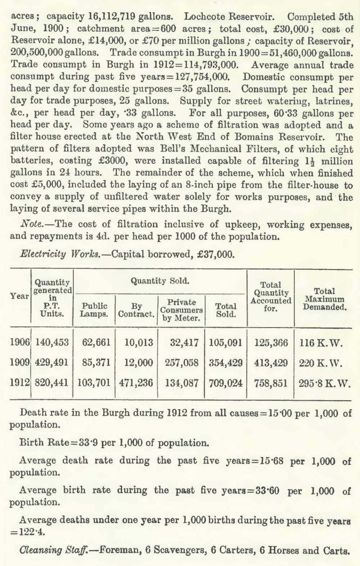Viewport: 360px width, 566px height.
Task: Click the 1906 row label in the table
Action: [x=20, y=342]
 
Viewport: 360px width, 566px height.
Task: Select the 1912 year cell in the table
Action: [x=20, y=383]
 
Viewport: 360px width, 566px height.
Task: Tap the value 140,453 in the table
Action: [x=52, y=342]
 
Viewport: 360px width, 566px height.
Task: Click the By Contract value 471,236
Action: [x=136, y=383]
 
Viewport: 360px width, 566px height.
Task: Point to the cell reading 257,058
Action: [x=182, y=362]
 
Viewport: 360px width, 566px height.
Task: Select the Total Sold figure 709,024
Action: [x=226, y=383]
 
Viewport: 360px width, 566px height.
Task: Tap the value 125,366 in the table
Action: [x=271, y=342]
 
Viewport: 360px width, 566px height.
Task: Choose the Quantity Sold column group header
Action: [x=160, y=281]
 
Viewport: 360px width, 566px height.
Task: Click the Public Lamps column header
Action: [x=94, y=310]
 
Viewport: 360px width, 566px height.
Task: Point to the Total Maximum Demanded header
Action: [x=324, y=299]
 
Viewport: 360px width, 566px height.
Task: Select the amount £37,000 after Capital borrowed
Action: [x=216, y=254]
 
